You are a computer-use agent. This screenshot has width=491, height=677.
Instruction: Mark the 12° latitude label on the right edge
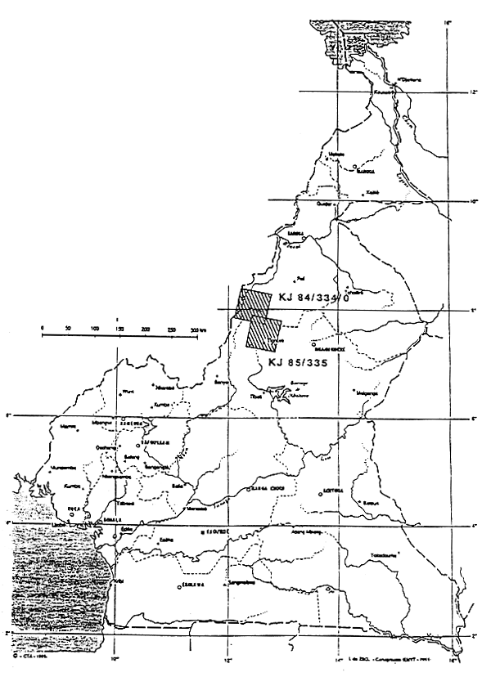(x=473, y=92)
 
